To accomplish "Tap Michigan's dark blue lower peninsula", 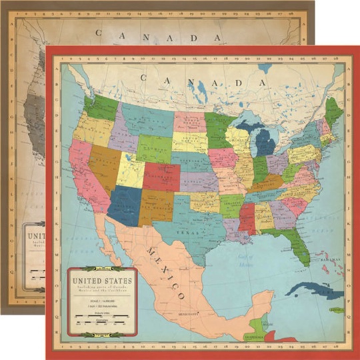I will [x=265, y=143].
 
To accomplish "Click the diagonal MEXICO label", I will [x=165, y=271].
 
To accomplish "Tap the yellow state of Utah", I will [x=131, y=170].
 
